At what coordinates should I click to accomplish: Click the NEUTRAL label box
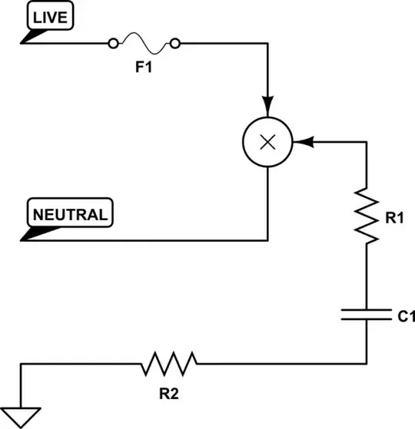69,213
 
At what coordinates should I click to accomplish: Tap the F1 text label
144,67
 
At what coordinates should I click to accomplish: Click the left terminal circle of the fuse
115,42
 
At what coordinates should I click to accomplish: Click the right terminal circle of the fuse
176,42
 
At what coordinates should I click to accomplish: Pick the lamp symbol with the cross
267,142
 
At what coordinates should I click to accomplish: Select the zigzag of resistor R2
169,363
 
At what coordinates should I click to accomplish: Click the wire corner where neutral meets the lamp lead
267,240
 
